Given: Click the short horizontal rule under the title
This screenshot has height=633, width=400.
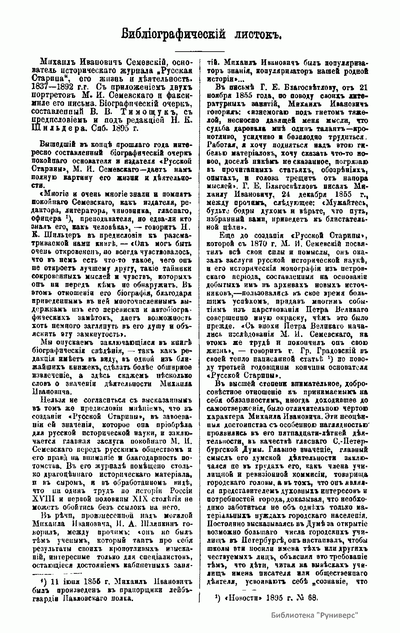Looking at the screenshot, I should [200, 51].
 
